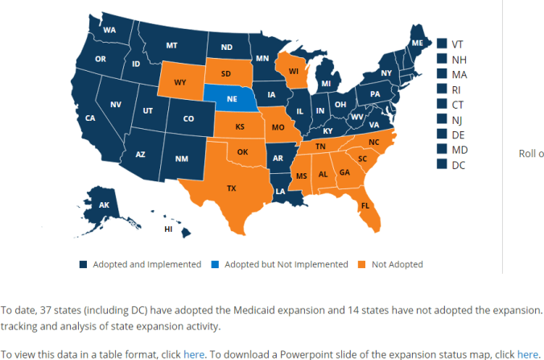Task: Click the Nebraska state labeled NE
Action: (231, 100)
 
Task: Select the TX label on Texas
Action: (232, 188)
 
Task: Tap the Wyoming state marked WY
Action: (180, 81)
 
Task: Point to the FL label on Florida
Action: (365, 205)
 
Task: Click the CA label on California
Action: (90, 118)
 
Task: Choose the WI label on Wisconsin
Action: (294, 71)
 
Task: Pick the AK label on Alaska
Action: (104, 205)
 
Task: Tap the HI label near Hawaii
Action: (168, 229)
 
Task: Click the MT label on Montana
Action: (171, 45)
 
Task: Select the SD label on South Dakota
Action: (226, 72)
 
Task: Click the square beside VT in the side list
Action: (442, 43)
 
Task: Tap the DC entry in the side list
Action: (458, 164)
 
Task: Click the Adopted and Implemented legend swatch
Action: (83, 264)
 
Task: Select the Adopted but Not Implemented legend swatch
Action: (215, 264)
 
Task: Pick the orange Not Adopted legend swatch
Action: (361, 264)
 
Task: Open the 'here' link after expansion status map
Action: (527, 354)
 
